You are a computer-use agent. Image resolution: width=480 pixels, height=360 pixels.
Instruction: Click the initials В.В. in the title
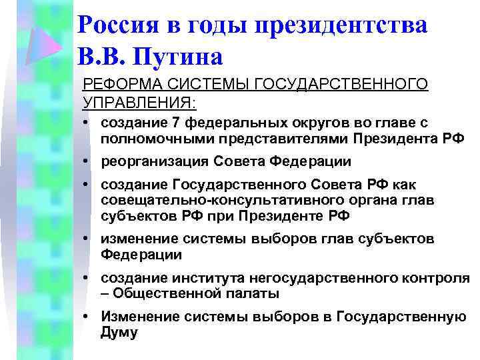[103, 57]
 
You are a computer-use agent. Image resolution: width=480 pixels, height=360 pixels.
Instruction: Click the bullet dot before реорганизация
[87, 161]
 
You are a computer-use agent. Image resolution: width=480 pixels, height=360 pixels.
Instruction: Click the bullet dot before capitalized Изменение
[87, 317]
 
